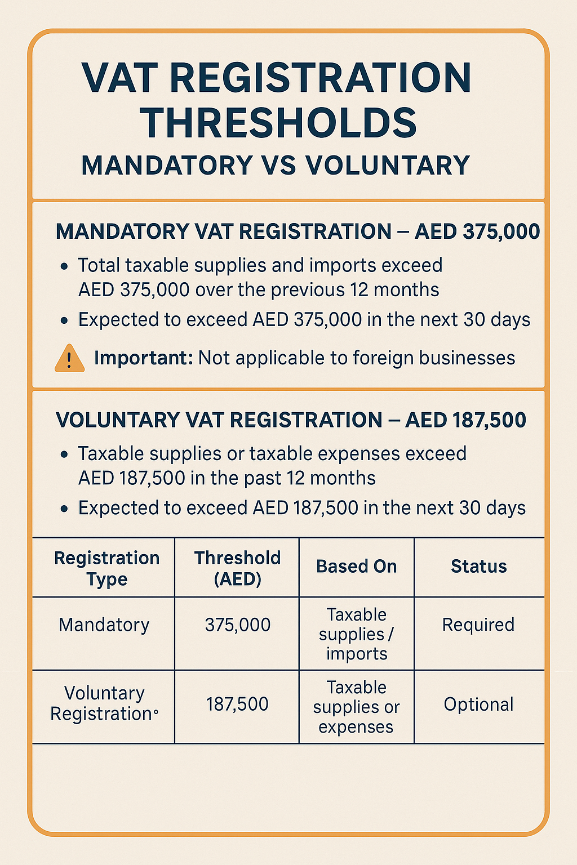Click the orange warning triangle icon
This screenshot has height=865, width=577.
(x=69, y=359)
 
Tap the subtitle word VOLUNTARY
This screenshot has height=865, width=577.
(x=388, y=166)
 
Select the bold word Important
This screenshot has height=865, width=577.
(x=143, y=358)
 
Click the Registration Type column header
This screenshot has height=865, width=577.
(x=106, y=568)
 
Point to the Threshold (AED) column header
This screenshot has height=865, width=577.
(x=237, y=568)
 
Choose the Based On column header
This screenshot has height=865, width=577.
(x=356, y=567)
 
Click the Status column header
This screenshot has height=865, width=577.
(x=478, y=567)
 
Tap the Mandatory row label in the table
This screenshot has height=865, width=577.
(x=104, y=625)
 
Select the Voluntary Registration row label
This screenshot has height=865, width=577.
(x=104, y=703)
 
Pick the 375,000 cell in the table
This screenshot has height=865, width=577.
(x=237, y=625)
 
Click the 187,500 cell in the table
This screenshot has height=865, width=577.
(x=237, y=705)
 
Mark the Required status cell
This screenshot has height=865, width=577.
(x=478, y=625)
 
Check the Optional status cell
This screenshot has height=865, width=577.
(x=478, y=705)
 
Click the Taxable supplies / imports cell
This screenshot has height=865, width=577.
(x=356, y=634)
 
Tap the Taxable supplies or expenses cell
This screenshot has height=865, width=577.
(x=356, y=707)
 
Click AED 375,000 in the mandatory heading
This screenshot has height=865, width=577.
(x=477, y=232)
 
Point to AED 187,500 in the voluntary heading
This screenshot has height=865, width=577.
(x=465, y=421)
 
